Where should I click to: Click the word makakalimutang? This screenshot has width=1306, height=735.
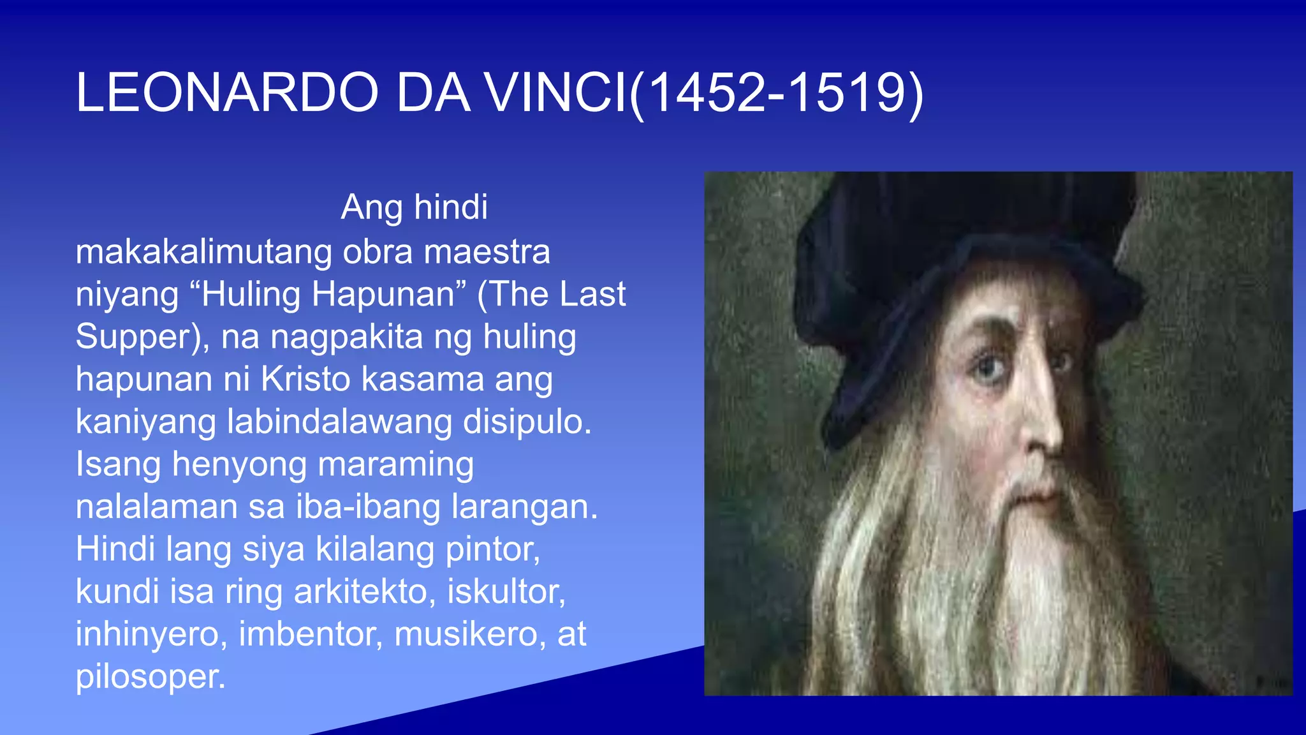[x=203, y=252]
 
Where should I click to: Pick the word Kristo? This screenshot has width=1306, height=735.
[x=305, y=379]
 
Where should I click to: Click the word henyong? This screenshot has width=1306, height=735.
[x=239, y=465]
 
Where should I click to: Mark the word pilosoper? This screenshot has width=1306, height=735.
[x=150, y=677]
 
